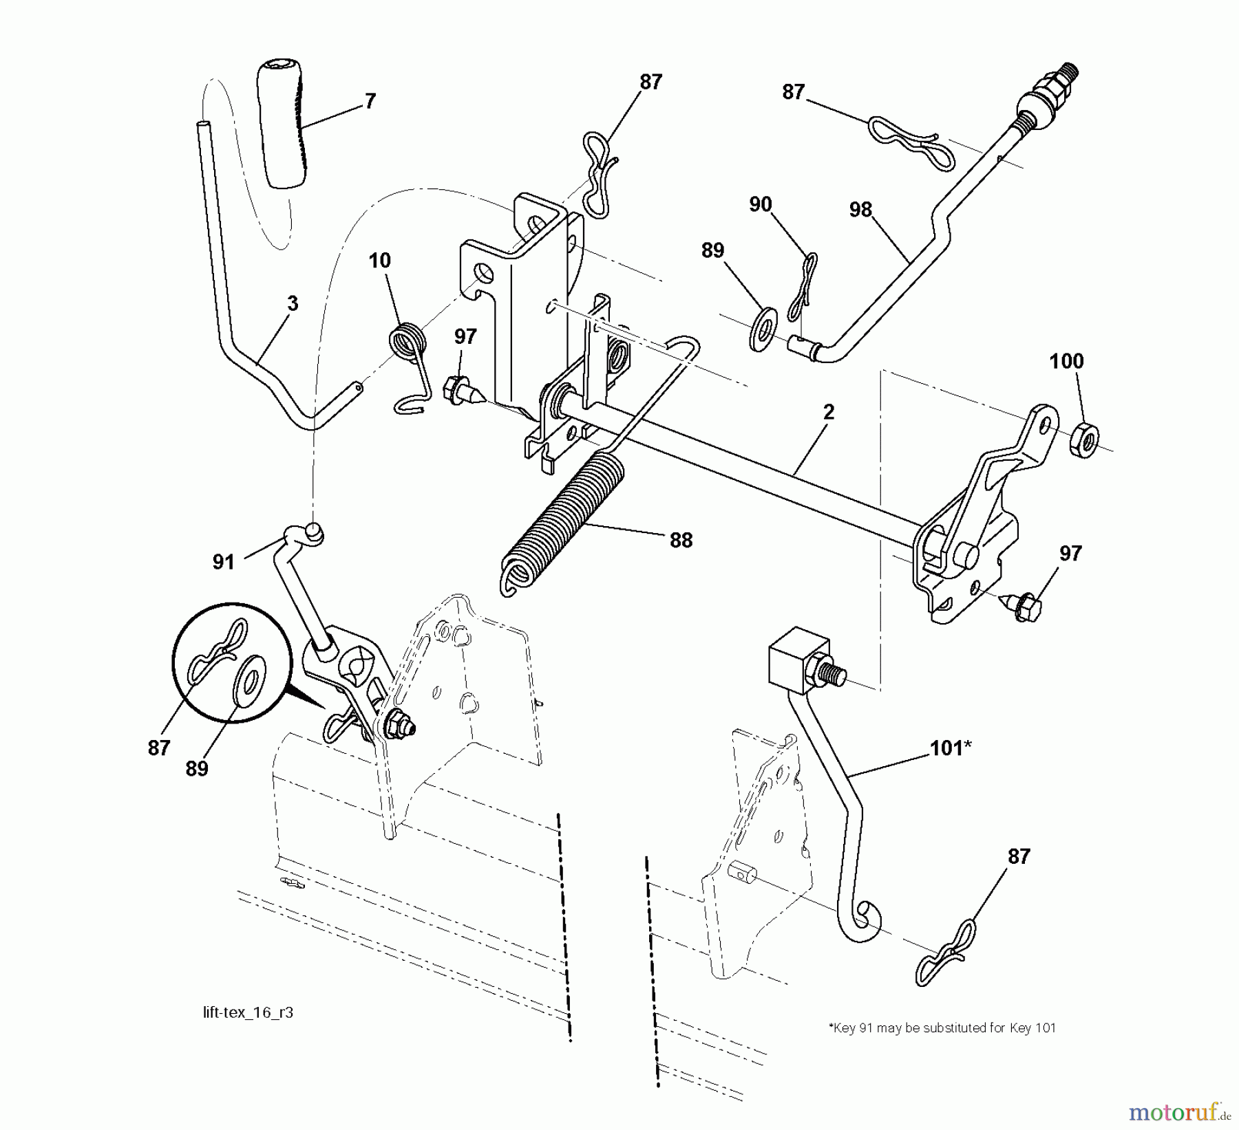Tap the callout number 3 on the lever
point(293,303)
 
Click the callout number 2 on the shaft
point(829,412)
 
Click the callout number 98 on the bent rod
point(860,210)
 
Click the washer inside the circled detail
point(251,677)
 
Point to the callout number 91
point(223,562)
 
